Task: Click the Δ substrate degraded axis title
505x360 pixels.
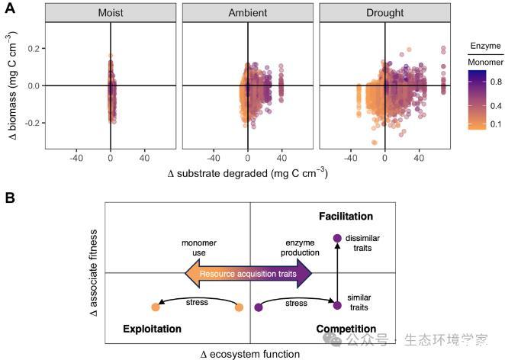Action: [247, 174]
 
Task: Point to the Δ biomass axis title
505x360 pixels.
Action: [11, 86]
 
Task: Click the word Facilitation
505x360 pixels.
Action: [346, 217]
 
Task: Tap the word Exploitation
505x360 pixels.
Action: [152, 329]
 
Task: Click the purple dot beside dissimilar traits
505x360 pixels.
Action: [337, 239]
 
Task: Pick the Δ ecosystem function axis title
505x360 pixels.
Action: [249, 354]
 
